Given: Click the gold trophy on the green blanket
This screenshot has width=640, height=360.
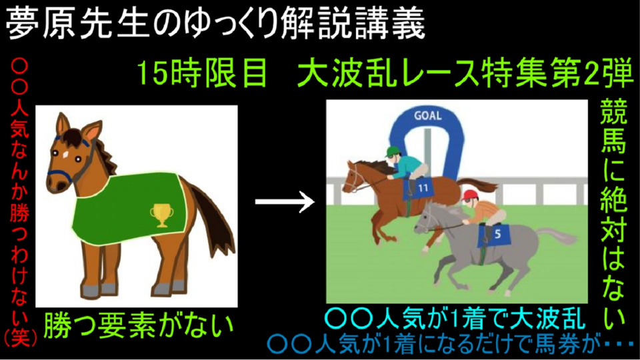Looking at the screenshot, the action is pos(161,214).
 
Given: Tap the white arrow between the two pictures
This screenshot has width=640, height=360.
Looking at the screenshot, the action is pos(285,201).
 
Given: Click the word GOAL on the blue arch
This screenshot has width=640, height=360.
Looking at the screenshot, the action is pos(428,116).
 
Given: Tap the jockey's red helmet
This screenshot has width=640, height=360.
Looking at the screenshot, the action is pos(470,195).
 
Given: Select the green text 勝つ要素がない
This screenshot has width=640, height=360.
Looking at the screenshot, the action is pos(139,325).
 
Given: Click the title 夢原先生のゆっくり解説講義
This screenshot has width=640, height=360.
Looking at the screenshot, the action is pos(215,24).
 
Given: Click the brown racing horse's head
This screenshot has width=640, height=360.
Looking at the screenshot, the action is pos(356,176).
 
